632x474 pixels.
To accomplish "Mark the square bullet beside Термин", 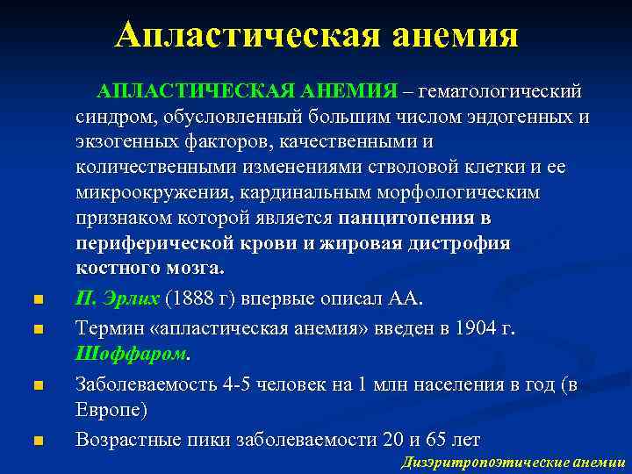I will [x=36, y=330].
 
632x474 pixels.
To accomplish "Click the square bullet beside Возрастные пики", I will [x=36, y=441].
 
